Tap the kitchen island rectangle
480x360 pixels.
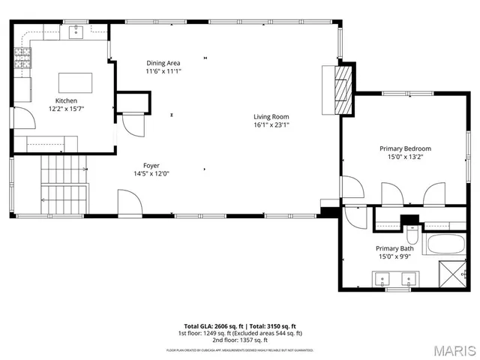(75, 82)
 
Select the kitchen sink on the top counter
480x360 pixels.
(76, 31)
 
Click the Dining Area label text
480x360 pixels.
(163, 63)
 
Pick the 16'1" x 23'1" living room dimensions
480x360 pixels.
(271, 125)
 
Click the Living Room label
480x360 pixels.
(271, 116)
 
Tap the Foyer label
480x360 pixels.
(151, 165)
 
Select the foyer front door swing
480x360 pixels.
(128, 202)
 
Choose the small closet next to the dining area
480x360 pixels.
(133, 102)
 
